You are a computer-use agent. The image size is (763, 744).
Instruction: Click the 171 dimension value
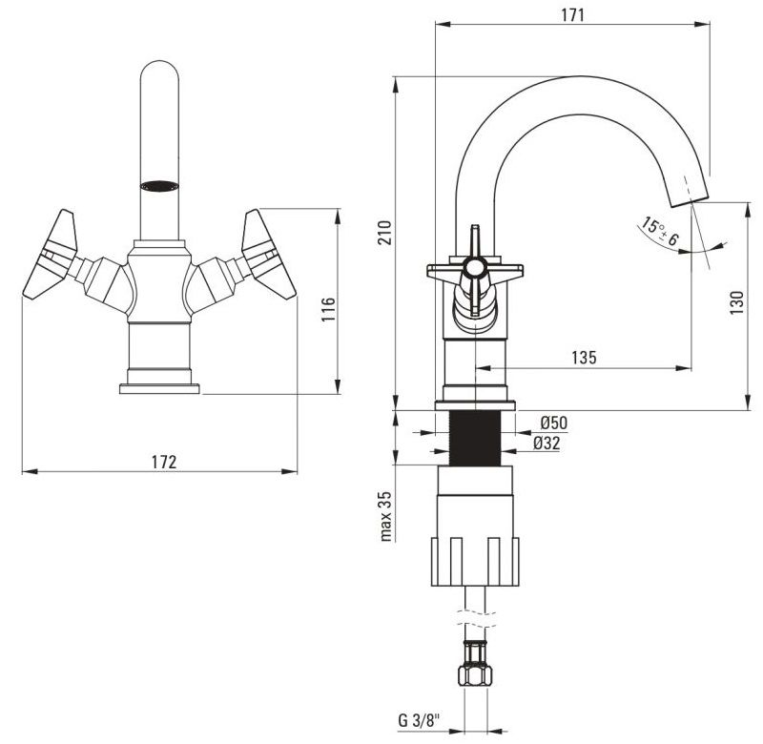coord(572,15)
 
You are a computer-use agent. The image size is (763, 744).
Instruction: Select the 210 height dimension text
coord(385,233)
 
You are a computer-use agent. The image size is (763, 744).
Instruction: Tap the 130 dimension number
coord(737,302)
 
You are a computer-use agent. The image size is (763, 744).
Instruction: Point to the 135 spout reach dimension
coord(584,358)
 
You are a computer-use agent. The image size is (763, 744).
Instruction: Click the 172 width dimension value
coord(164,462)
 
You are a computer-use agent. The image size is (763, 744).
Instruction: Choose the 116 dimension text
coord(328,309)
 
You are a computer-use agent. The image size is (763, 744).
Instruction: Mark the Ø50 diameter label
coord(554,423)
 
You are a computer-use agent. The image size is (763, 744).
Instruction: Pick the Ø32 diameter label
coord(546,443)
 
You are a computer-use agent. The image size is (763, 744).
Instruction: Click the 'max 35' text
coord(385,516)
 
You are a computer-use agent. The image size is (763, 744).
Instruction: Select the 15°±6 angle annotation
coord(659,232)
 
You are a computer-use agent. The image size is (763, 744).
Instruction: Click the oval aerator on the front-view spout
coord(159,186)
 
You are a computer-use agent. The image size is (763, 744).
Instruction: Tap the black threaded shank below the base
coord(474,439)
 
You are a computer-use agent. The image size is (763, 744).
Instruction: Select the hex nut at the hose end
coord(475,675)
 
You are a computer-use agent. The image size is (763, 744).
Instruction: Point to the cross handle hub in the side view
coord(474,268)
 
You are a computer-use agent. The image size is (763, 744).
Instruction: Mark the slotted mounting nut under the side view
coord(475,562)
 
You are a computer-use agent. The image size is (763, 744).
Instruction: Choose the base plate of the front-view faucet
coord(159,389)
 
